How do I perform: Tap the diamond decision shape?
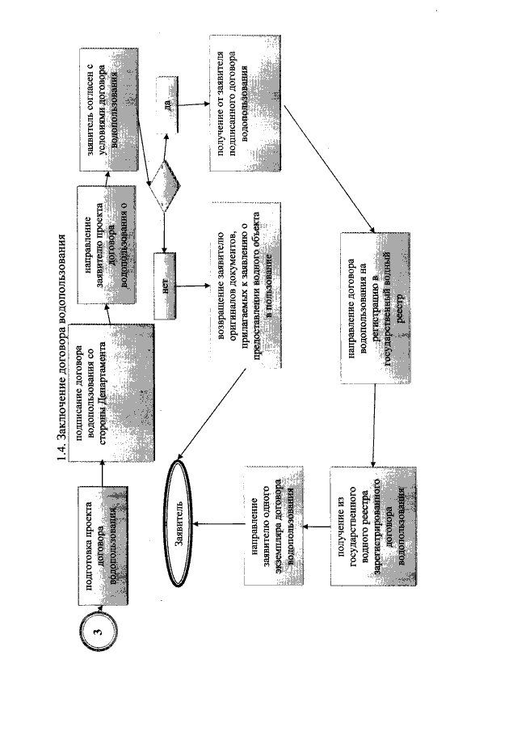point(166,185)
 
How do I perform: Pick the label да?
point(166,102)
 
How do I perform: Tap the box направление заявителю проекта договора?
point(105,243)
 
